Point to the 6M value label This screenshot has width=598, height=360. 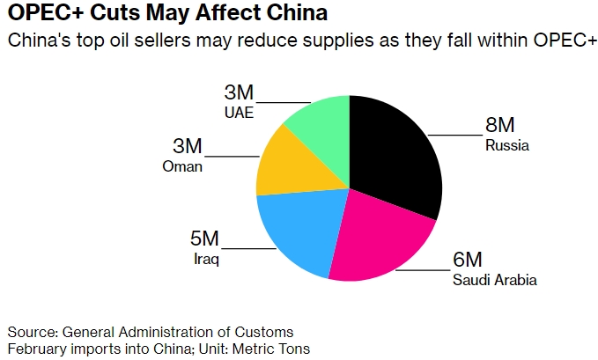click(468, 261)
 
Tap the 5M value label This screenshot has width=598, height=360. click(205, 239)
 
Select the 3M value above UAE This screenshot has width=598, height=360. click(239, 92)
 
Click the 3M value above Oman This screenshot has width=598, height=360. click(188, 146)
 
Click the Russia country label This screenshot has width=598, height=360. click(507, 146)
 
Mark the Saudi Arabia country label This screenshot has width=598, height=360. click(494, 281)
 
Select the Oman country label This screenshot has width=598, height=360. click(182, 166)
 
